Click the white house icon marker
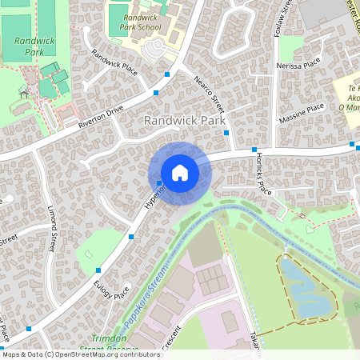pyautogui.click(x=180, y=172)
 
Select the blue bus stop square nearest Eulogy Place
pyautogui.click(x=98, y=270)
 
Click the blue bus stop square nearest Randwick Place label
pyautogui.click(x=166, y=74)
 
